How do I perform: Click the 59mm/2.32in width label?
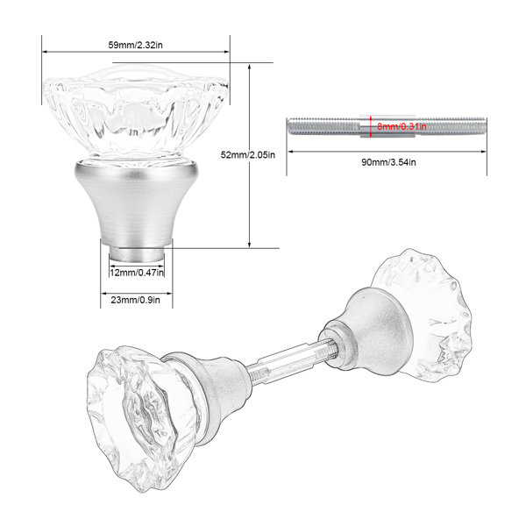pos(135,45)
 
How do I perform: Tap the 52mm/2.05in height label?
pos(247,154)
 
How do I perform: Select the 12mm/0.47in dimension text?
pos(137,272)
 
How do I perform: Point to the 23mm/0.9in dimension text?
pos(136,300)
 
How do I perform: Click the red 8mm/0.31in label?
pos(402,126)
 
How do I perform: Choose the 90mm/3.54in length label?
pos(388,162)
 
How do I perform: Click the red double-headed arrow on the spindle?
pos(371,126)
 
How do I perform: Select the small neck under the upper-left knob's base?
pos(137,254)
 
